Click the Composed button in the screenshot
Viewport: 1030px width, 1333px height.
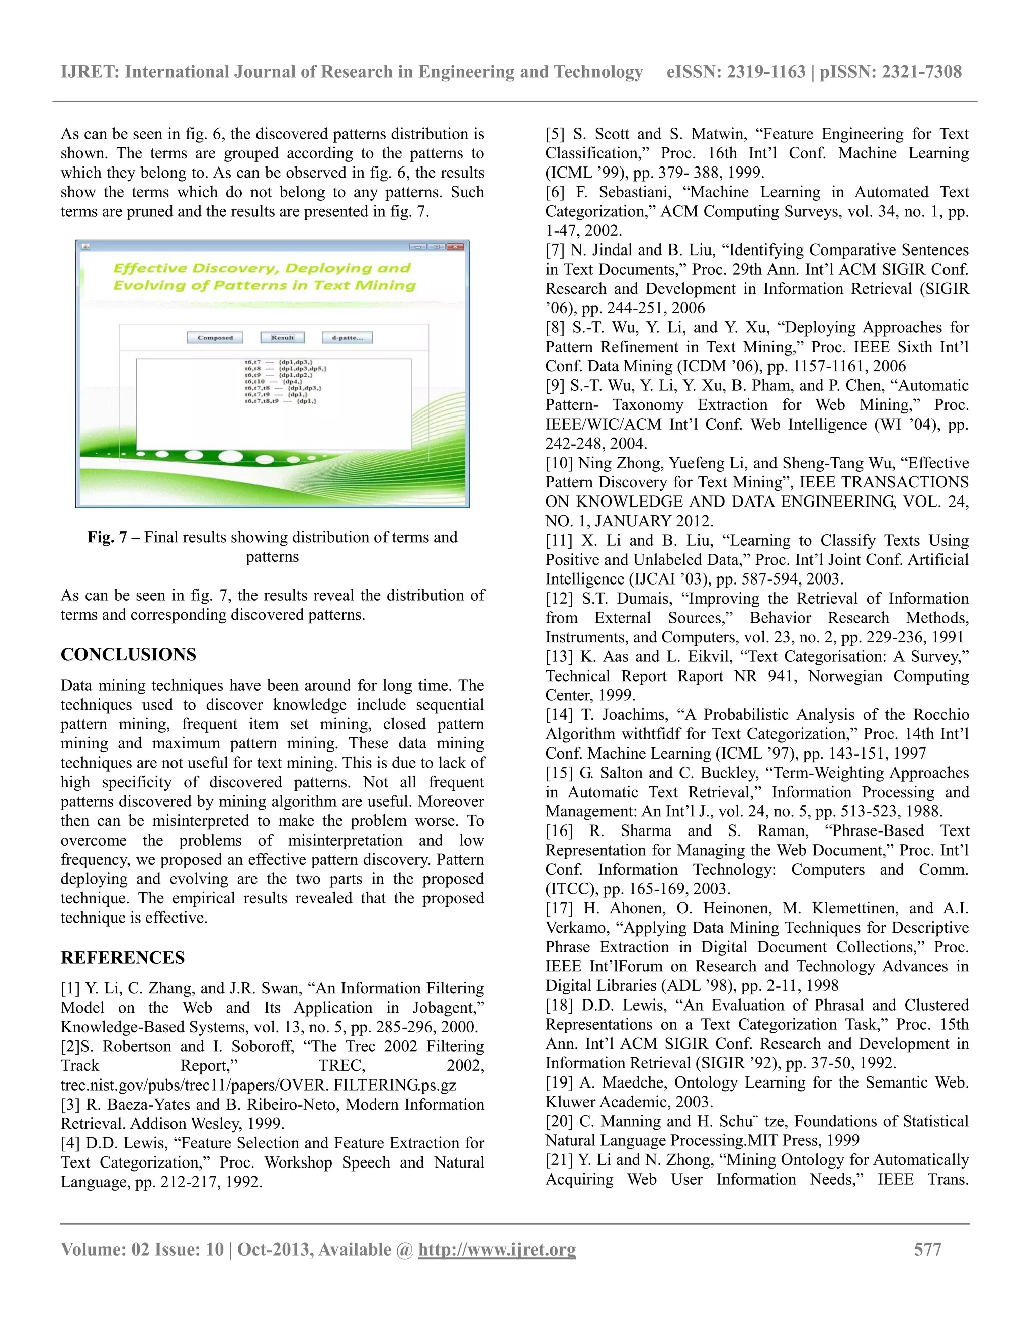pos(215,338)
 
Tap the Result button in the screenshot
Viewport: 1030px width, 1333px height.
pos(283,338)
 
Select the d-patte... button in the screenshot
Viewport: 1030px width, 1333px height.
pos(347,338)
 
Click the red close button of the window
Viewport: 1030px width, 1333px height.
pos(455,246)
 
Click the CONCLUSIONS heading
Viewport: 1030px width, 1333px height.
pos(128,655)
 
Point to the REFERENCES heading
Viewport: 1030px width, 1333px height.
pos(123,958)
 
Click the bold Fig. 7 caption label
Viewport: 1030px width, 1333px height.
pos(107,537)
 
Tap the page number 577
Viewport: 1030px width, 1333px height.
pos(927,1249)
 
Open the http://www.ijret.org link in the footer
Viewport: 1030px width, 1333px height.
pos(497,1249)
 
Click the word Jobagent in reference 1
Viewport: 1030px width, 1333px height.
pos(448,1008)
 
